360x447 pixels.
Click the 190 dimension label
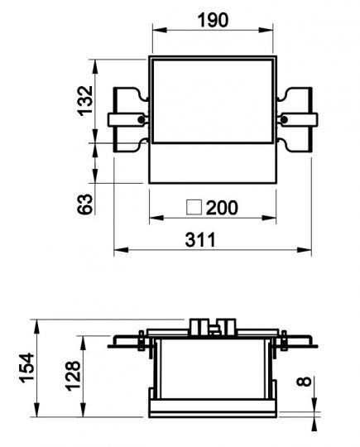point(213,20)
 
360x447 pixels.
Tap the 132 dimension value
point(85,101)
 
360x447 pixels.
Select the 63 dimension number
point(85,204)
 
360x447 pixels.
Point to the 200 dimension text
point(222,208)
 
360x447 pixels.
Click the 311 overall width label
point(200,240)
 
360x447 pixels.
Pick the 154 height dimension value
point(26,368)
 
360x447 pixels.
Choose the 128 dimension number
point(72,376)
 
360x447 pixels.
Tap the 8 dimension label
point(304,382)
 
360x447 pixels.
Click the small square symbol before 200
point(194,207)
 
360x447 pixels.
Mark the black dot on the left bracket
point(142,119)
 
